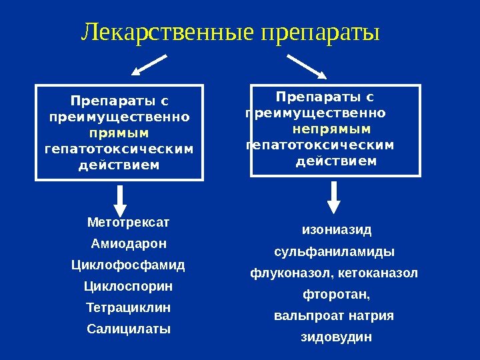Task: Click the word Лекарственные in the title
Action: click(169, 31)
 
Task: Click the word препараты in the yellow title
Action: click(321, 31)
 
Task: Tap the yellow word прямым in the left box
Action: click(119, 133)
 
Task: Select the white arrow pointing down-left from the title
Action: click(150, 65)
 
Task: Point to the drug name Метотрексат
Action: click(129, 221)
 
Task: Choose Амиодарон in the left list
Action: click(129, 243)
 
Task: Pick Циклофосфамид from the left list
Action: click(128, 265)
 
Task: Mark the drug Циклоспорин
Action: click(128, 286)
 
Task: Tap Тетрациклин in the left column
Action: click(129, 307)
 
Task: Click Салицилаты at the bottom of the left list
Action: click(129, 329)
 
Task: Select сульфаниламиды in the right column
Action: click(335, 252)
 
